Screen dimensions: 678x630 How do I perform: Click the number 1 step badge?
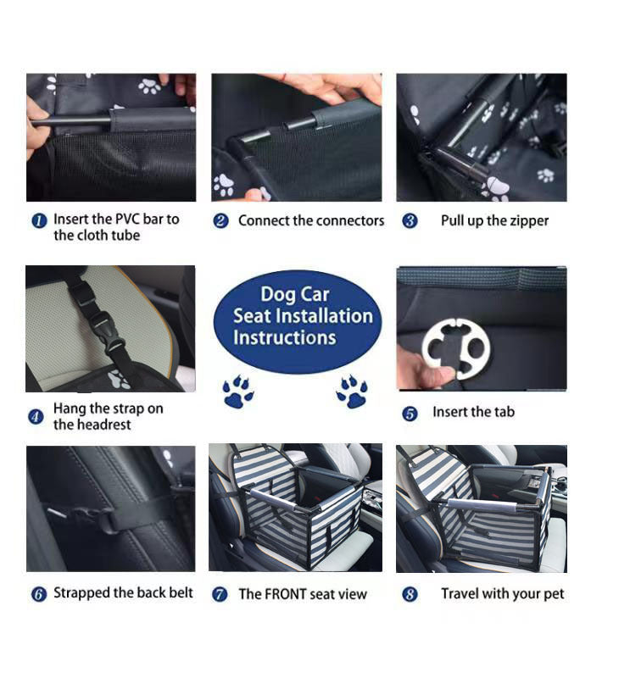[38, 220]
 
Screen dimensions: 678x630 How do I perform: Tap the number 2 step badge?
[220, 221]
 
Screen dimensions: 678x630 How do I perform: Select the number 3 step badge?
[410, 221]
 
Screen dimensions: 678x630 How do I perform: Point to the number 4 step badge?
[36, 417]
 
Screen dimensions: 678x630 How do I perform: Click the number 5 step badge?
[410, 414]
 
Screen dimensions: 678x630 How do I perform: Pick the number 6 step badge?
[38, 594]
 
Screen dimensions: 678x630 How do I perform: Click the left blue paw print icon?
[238, 392]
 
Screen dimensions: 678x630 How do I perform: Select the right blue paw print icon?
[352, 392]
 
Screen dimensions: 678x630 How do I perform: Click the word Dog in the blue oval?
[277, 295]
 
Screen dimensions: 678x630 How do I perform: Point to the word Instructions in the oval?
[285, 337]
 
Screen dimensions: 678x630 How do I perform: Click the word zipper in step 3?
[529, 221]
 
